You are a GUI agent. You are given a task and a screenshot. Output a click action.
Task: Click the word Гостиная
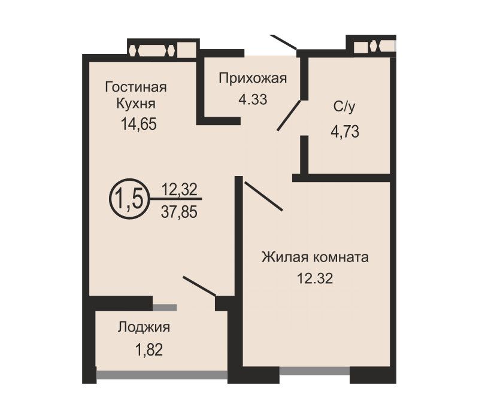tap(136, 87)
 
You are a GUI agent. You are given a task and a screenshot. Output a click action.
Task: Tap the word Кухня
tap(136, 104)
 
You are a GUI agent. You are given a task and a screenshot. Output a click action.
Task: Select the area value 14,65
tap(139, 125)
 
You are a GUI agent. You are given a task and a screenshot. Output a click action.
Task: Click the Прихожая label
tap(253, 78)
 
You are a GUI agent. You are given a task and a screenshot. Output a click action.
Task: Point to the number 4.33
tap(253, 99)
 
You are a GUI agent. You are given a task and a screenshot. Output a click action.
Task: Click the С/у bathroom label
tap(345, 107)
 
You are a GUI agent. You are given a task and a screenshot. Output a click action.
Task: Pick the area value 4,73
tap(345, 132)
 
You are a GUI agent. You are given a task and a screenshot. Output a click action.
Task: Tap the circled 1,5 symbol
tap(129, 199)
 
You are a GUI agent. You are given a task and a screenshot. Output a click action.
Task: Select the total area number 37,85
tap(179, 212)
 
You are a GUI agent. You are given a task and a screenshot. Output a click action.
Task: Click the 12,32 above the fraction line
tap(179, 189)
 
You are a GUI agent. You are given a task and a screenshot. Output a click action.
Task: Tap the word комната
tap(341, 258)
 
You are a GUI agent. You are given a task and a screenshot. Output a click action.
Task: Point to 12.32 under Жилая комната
tap(315, 278)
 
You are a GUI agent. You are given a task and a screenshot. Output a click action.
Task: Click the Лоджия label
tap(144, 327)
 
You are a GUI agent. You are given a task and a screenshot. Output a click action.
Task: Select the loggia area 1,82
tap(149, 350)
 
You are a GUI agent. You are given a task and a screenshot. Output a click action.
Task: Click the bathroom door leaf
tap(289, 116)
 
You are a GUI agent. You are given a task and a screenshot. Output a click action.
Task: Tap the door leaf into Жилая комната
tap(263, 196)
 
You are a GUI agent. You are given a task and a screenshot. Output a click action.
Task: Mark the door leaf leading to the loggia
tap(199, 286)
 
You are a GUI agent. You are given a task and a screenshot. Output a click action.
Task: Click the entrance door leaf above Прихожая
tap(283, 42)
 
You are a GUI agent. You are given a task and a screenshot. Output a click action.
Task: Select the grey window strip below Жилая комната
tap(314, 371)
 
